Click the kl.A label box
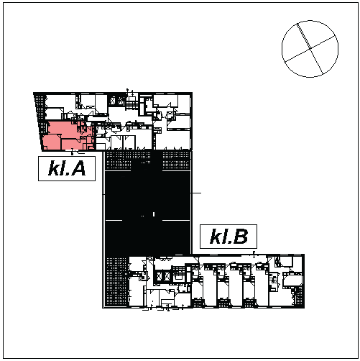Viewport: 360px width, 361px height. (67, 168)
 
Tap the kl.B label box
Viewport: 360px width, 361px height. (229, 237)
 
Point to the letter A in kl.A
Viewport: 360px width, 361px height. (78, 168)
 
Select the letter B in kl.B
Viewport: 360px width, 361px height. (241, 237)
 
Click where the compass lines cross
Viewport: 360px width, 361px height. (310, 49)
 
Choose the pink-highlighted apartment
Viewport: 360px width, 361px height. (68, 135)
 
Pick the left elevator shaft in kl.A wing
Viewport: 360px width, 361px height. (113, 101)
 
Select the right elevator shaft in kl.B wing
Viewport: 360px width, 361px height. (167, 276)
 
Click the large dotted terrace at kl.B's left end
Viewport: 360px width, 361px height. (116, 281)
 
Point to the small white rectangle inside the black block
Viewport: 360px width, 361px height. (154, 214)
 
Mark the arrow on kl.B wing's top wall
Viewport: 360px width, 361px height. (254, 254)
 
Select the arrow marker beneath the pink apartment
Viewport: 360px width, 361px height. (73, 151)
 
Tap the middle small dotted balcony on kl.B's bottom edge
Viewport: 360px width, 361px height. (223, 303)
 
